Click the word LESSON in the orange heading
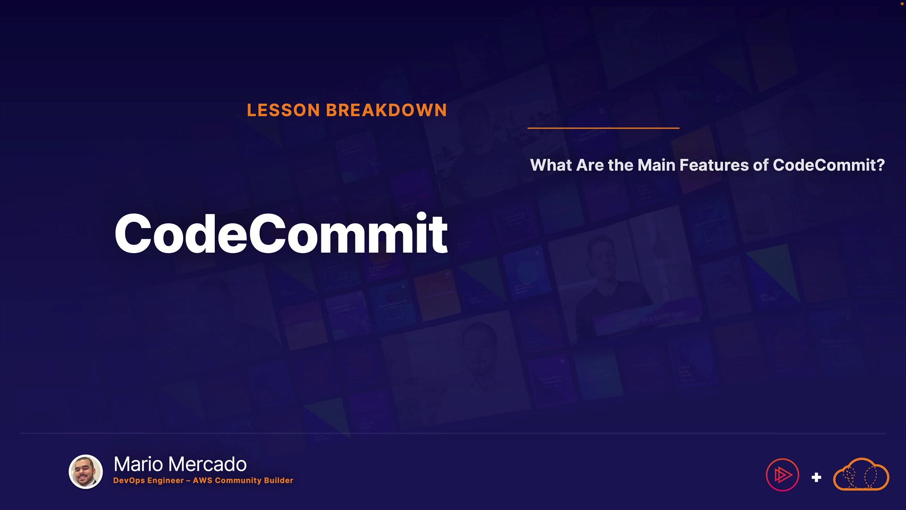coord(284,110)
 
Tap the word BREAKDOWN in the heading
coord(386,110)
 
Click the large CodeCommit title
coord(281,233)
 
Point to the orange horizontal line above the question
coord(604,128)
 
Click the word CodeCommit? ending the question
coord(829,165)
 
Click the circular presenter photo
coord(86,472)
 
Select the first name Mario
coord(139,464)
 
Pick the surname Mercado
coord(207,464)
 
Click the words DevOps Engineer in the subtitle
coord(149,481)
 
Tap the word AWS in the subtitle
coord(202,480)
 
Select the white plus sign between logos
coord(816,477)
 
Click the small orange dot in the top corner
coord(902,3)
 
